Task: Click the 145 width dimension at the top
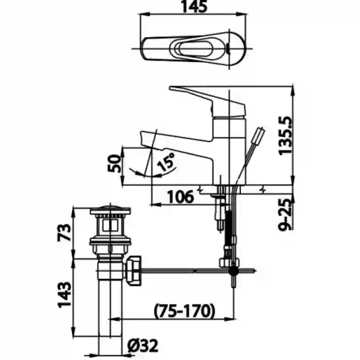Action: (194, 7)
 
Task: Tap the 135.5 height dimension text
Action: (285, 136)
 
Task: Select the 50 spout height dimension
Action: (114, 163)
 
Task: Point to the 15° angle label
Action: (166, 162)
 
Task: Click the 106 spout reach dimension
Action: (180, 197)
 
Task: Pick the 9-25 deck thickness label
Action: (286, 215)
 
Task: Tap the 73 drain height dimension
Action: (64, 233)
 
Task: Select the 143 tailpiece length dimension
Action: (64, 294)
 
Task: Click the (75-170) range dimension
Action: (184, 311)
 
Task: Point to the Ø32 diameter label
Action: (143, 345)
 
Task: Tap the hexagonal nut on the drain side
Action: (134, 271)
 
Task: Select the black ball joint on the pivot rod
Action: (234, 271)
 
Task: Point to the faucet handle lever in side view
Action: (207, 101)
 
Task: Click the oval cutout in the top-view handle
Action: (195, 49)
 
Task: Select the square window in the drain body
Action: (110, 225)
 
